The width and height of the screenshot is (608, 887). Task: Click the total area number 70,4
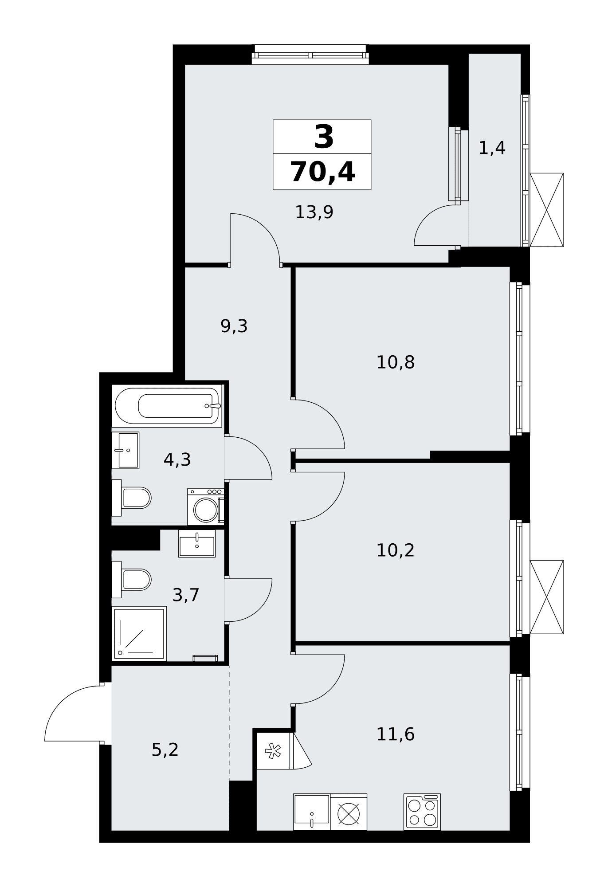point(322,173)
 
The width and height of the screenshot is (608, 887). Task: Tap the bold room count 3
point(324,137)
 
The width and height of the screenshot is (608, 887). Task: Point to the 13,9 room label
point(314,212)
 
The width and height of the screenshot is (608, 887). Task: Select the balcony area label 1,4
point(492,148)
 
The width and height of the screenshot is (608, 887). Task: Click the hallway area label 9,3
point(234,326)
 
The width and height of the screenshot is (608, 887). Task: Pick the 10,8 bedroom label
point(395,362)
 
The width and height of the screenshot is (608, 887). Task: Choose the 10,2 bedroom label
point(395,550)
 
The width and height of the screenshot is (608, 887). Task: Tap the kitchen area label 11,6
point(395,734)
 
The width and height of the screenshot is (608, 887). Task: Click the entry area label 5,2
point(165,750)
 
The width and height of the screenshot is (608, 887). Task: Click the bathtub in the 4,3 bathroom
point(167,406)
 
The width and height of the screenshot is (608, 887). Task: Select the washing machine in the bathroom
point(206,506)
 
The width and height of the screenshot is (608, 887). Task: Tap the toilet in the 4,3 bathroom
point(131,498)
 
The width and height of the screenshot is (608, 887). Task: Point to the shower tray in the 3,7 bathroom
point(139,633)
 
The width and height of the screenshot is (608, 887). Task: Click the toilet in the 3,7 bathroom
point(131,579)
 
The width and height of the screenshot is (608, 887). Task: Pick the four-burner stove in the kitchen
point(422,812)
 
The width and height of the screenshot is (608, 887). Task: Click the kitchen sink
point(312,812)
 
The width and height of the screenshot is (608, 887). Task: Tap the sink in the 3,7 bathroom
point(197,543)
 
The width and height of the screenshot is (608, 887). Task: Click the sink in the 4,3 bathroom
point(126,450)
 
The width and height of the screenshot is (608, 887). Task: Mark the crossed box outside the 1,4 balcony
point(546,210)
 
